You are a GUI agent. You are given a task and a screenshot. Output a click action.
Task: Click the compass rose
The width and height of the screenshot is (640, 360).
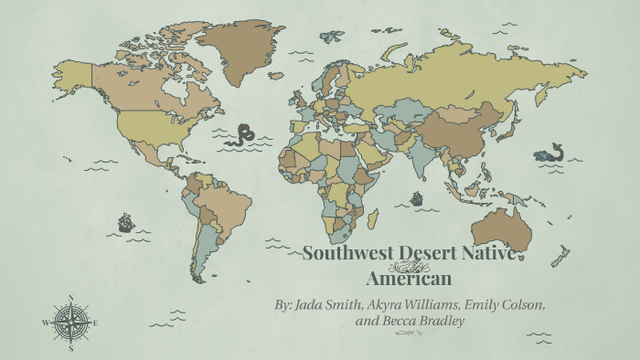click(x=70, y=322)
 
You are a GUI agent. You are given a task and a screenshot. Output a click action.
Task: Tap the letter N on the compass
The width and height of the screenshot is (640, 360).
click(x=70, y=298)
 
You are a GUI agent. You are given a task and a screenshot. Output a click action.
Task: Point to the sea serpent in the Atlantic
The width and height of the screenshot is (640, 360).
click(x=242, y=135)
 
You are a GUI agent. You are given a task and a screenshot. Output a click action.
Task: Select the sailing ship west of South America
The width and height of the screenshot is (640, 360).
click(x=126, y=222)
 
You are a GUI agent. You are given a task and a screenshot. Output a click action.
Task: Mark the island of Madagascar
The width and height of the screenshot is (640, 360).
click(x=372, y=220)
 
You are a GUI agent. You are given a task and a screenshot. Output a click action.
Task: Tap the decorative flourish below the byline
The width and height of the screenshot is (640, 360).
click(x=408, y=334)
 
